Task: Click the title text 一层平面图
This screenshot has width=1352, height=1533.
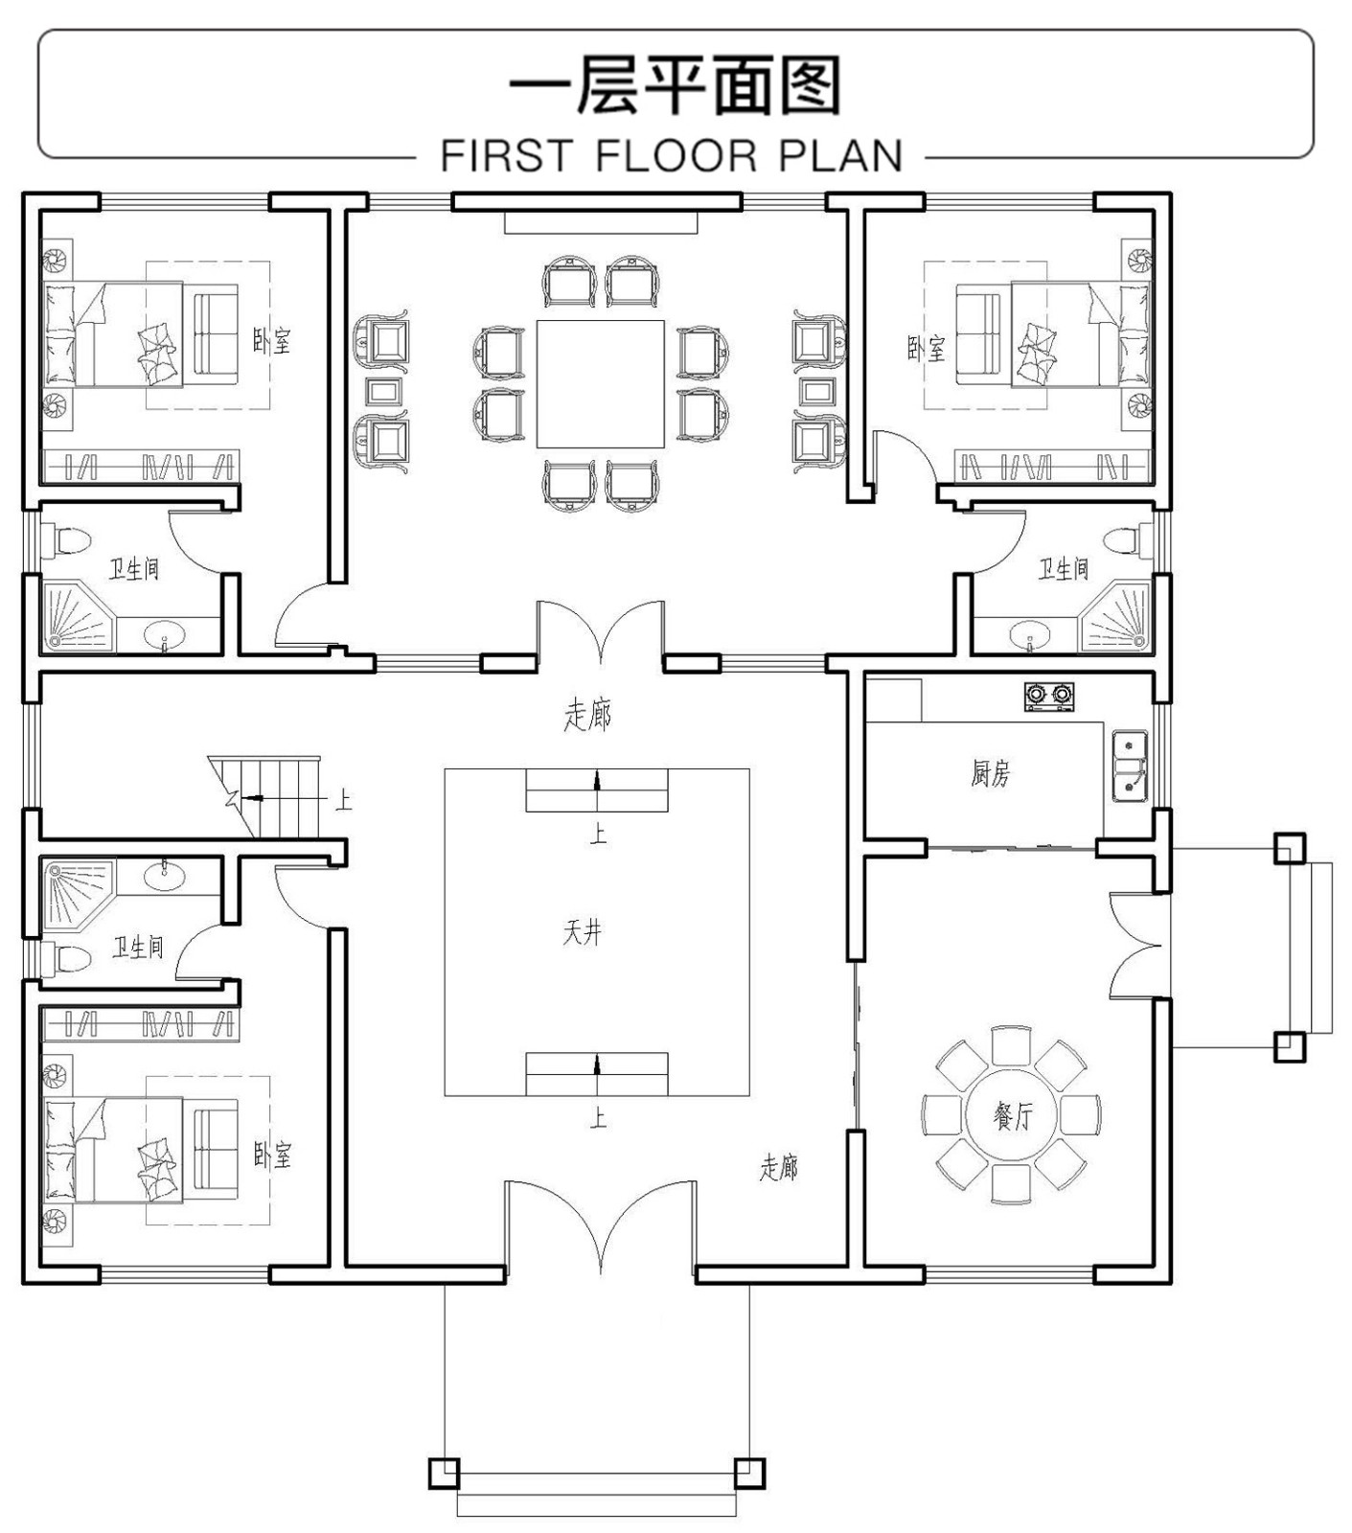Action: pos(675,86)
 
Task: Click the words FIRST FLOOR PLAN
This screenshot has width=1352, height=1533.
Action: pos(672,156)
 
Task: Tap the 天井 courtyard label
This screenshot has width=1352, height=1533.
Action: pos(582,932)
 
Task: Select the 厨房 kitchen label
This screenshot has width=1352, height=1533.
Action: pos(990,772)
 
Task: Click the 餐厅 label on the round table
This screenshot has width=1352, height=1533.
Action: pos(1012,1114)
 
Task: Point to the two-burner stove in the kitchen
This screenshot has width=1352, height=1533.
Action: pos(1048,696)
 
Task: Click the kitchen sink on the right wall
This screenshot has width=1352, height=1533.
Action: pos(1130,765)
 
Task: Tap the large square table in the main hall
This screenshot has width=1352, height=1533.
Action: pos(600,383)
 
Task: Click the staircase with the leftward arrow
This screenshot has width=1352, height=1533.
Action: pos(273,795)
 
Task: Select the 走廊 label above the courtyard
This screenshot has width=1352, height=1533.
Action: pos(587,715)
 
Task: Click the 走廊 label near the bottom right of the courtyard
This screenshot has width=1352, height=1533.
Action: pos(778,1167)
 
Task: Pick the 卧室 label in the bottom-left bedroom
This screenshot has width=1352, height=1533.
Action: pos(272,1154)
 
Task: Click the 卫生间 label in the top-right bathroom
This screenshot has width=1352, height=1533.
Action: pos(1064,569)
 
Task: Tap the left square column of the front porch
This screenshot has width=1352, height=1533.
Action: pos(444,1473)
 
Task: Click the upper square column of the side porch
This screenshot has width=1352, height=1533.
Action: pos(1289,848)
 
